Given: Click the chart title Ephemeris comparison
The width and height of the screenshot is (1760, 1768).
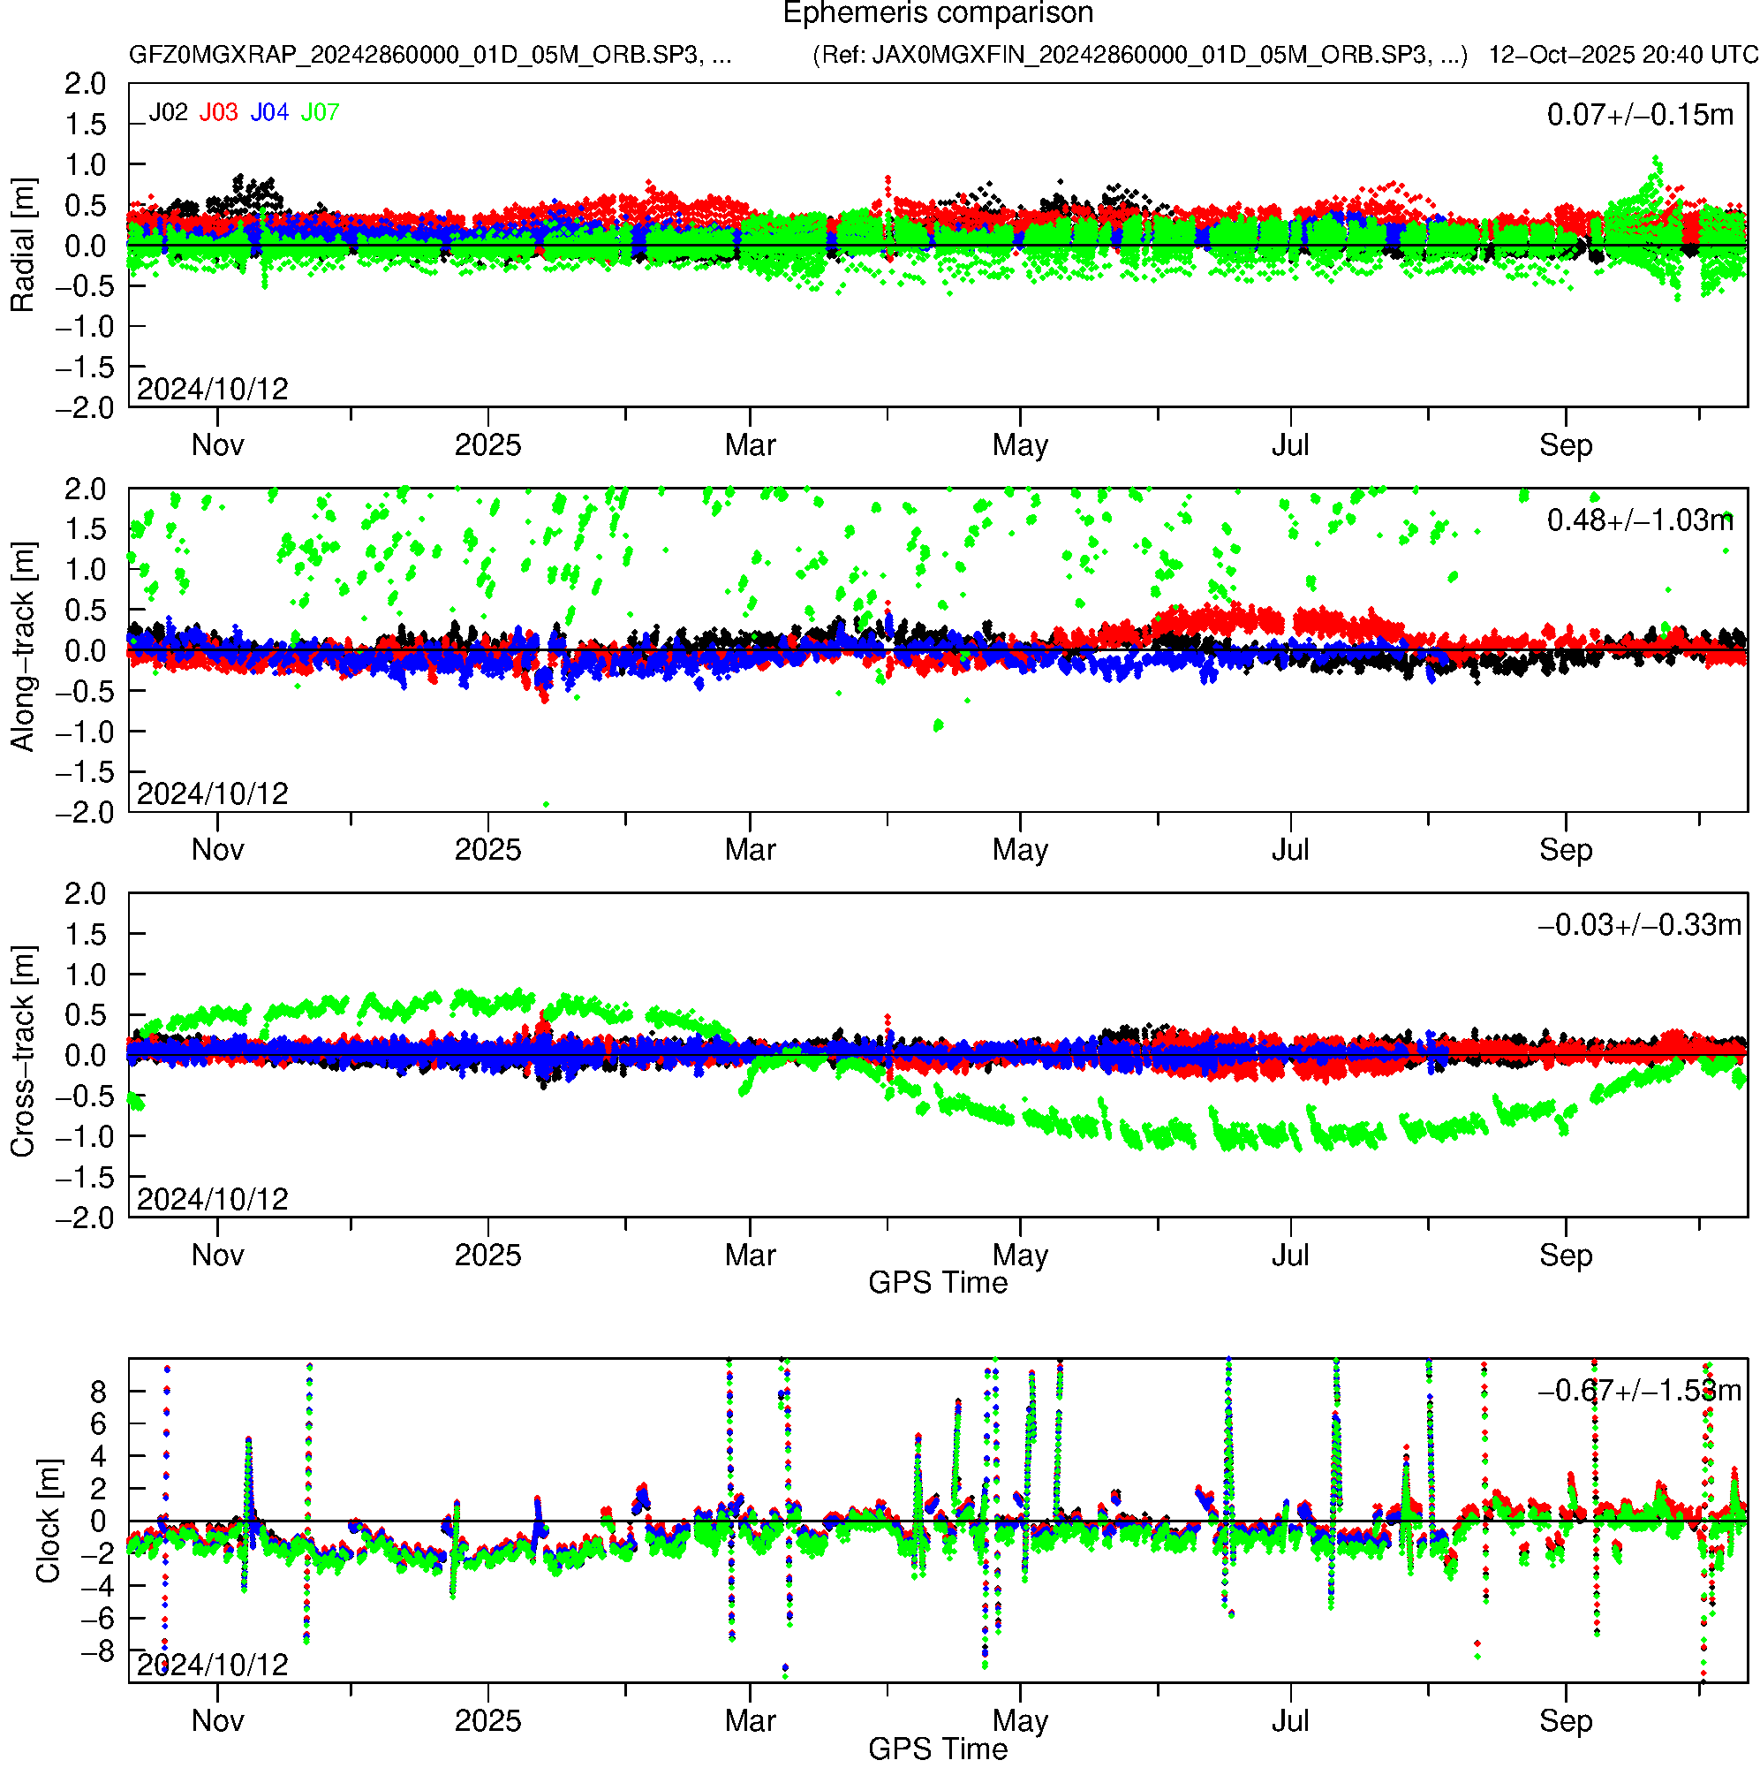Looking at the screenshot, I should point(938,14).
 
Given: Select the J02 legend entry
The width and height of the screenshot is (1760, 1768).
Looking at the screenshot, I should point(169,112).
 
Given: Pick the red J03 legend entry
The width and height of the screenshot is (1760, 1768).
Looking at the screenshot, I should point(219,112).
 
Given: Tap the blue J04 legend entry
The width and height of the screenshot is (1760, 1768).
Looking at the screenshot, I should point(270,112).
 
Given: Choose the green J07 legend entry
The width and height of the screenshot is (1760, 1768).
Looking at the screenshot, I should point(321,112).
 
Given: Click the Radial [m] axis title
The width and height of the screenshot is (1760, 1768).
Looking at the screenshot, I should point(22,246).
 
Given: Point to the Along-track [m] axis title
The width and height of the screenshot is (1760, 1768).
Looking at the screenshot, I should point(22,648).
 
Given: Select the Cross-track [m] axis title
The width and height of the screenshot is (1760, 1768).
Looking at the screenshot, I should point(22,1053).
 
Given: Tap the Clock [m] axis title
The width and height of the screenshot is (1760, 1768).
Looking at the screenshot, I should point(48,1521).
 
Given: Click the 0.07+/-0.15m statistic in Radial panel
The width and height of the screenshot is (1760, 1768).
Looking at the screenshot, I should point(1640,115).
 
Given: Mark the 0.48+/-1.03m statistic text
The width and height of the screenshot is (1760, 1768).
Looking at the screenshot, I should point(1640,520).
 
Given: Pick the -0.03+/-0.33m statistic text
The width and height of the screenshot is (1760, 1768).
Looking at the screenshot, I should point(1640,925).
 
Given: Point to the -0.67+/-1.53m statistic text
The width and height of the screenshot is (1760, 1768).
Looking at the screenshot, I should point(1640,1391).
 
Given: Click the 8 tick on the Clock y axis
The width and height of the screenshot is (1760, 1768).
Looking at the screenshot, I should point(98,1392).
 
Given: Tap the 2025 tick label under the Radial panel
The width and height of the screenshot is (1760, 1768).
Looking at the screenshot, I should point(487,445).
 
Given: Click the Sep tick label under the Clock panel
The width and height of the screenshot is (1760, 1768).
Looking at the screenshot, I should point(1565,1721).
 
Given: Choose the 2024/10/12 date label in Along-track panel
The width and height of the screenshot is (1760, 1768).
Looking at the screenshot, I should point(212,793).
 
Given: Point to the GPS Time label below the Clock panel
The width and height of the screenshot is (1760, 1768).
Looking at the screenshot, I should point(938,1749).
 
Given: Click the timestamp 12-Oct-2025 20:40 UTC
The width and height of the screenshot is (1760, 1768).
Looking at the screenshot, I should point(1623,55).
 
